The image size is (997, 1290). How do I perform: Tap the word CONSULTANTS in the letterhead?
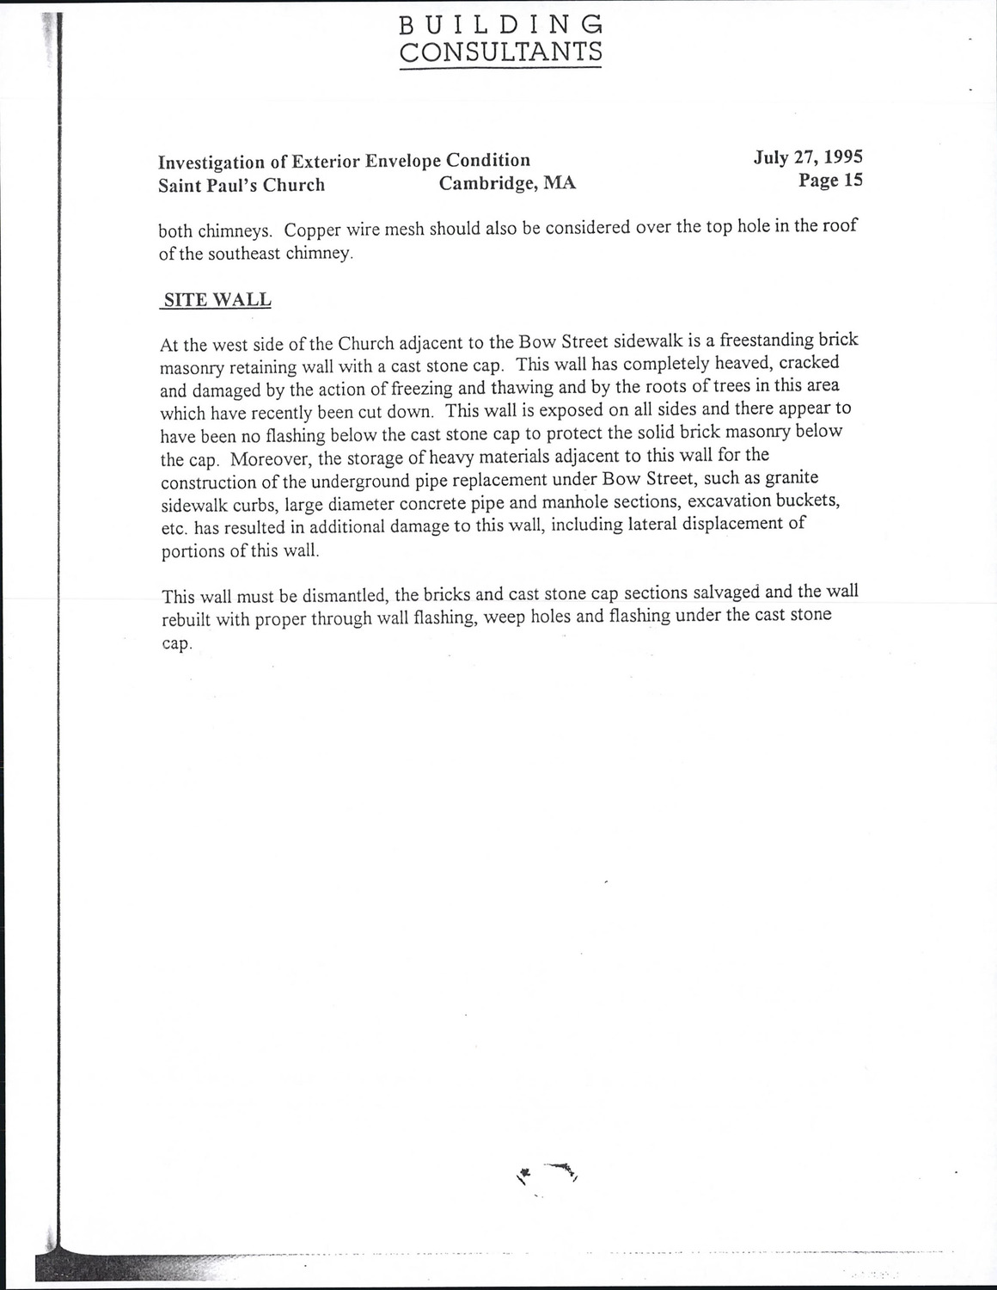click(x=500, y=52)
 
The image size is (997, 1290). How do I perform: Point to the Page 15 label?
click(x=829, y=180)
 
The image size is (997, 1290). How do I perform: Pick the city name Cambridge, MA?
click(x=507, y=183)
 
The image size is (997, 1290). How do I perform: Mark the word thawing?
click(x=515, y=388)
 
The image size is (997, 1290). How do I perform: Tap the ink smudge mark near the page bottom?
click(x=547, y=1171)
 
